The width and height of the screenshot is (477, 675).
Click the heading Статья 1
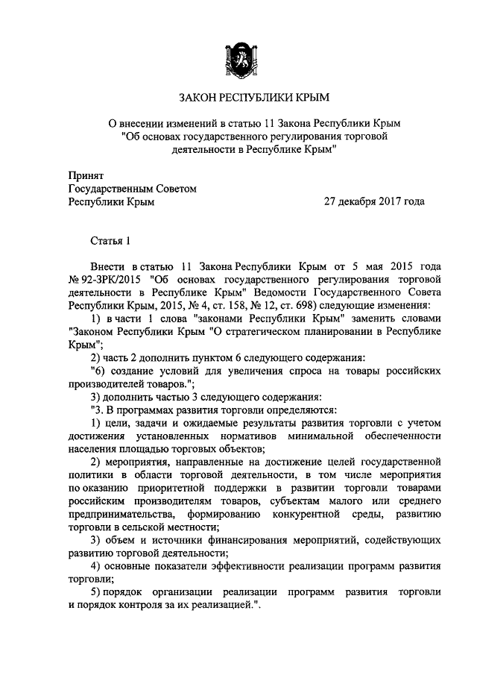[110, 240]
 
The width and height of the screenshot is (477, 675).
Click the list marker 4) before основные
[95, 565]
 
